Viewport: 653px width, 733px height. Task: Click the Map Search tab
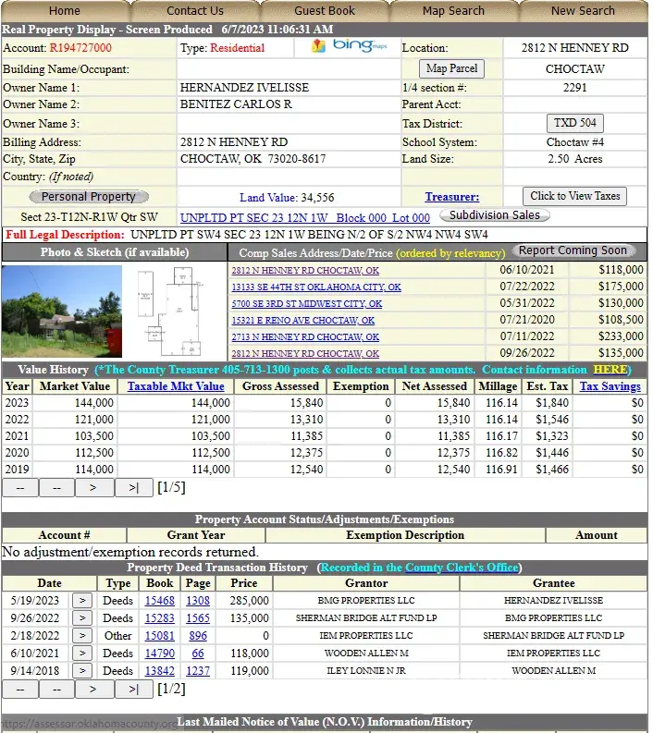(453, 11)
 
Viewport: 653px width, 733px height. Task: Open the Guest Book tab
(325, 11)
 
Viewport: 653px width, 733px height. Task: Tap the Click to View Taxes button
(574, 196)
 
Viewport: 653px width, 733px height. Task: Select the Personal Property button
(89, 197)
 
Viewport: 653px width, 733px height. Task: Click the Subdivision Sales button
(494, 215)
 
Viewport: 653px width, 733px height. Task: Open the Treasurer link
(451, 197)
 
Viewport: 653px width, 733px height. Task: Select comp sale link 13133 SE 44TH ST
(315, 287)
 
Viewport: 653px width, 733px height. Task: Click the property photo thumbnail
(62, 312)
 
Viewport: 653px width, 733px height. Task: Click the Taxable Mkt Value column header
(176, 386)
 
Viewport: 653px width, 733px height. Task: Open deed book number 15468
(159, 601)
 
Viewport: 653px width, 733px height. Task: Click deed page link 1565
(198, 617)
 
